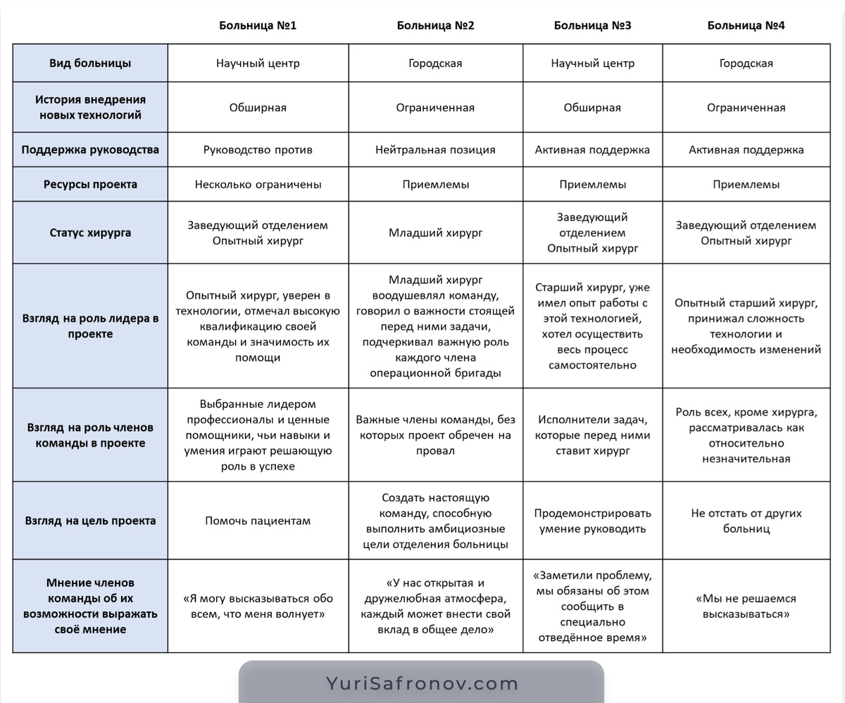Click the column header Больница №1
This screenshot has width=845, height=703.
[x=258, y=25]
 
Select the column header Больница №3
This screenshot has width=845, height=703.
[x=592, y=25]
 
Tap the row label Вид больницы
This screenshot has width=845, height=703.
[x=90, y=63]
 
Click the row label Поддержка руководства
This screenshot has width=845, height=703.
[x=90, y=149]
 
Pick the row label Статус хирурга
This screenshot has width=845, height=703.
[x=90, y=232]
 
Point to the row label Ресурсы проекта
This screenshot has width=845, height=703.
[x=90, y=185]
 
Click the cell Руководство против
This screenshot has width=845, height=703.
[x=258, y=149]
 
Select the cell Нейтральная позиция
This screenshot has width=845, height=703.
[x=435, y=149]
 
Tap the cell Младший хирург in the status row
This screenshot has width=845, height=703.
[x=435, y=232]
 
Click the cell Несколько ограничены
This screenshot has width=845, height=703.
[x=258, y=185]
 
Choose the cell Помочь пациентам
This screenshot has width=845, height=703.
[x=258, y=521]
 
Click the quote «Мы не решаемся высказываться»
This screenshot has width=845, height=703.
[x=746, y=606]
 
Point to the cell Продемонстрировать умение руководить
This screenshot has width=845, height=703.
[x=592, y=521]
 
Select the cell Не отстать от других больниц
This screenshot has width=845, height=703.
[x=746, y=521]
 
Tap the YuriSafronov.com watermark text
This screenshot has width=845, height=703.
[x=422, y=683]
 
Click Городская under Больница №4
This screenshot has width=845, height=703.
[x=746, y=63]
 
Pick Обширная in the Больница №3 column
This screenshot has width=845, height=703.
[x=592, y=108]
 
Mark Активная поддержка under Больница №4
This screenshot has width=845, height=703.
[x=746, y=149]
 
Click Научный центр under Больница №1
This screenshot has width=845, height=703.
[x=258, y=63]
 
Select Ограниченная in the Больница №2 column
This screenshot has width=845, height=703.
[x=435, y=108]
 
